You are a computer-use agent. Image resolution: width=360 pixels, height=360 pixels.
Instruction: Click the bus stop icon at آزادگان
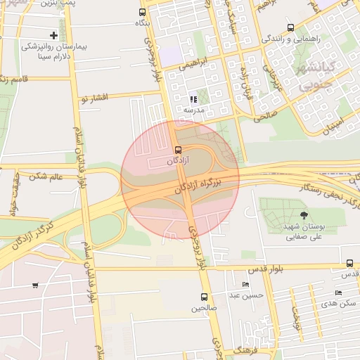click(x=177, y=149)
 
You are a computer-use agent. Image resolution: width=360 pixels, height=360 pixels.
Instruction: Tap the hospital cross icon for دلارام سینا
click(x=54, y=35)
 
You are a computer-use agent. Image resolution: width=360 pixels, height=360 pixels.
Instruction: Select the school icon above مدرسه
click(x=193, y=100)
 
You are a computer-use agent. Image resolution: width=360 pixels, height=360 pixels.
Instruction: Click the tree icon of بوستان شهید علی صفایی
click(x=304, y=216)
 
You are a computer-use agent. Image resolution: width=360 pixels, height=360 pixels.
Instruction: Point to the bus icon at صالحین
click(x=204, y=297)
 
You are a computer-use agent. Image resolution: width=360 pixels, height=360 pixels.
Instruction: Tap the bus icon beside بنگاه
click(x=143, y=12)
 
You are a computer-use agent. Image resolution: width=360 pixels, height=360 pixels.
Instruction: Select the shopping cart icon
click(x=35, y=285)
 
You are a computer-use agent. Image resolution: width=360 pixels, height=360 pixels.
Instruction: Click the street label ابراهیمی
click(x=194, y=63)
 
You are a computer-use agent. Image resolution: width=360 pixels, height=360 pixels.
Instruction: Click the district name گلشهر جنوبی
click(x=321, y=77)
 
